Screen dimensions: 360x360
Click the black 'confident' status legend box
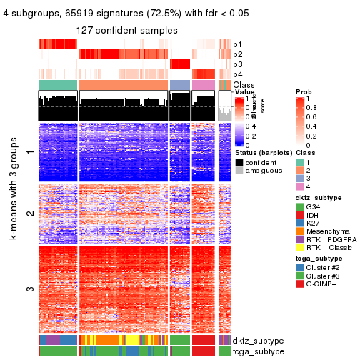coord(239,162)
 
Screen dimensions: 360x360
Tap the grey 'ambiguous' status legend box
coord(239,171)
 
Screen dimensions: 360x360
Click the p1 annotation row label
coord(237,44)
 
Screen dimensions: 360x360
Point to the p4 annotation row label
coord(237,74)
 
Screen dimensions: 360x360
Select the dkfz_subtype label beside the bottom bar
coord(259,340)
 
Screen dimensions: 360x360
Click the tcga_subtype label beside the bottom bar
coord(259,351)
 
